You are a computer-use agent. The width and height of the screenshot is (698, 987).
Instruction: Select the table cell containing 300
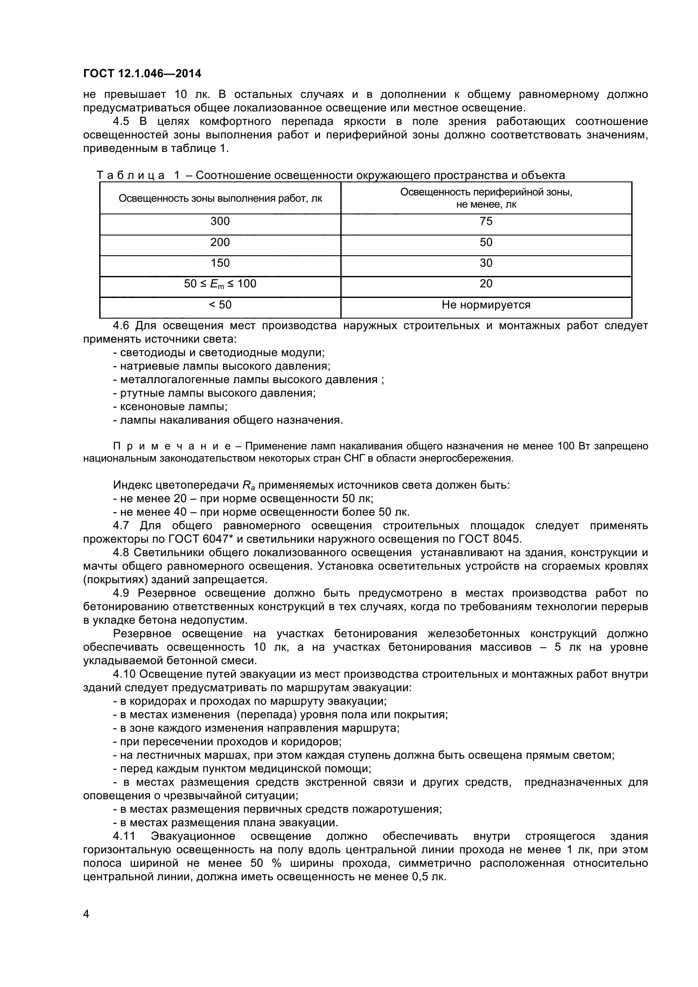(x=220, y=222)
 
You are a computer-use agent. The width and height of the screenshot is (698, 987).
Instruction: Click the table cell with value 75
(x=486, y=222)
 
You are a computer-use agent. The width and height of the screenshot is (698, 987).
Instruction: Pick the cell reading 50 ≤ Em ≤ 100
(x=220, y=284)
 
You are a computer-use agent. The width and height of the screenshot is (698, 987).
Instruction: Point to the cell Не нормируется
(x=486, y=305)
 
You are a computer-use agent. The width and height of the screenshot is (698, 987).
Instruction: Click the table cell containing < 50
(x=220, y=305)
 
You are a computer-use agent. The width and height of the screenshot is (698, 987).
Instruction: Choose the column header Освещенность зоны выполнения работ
(x=220, y=199)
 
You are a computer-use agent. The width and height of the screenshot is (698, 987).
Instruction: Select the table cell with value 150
(x=220, y=263)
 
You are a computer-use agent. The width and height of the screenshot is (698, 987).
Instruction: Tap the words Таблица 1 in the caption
(x=138, y=176)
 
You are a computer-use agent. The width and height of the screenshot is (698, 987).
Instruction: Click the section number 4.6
(x=121, y=326)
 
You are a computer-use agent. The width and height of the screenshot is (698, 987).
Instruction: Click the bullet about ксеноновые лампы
(x=170, y=406)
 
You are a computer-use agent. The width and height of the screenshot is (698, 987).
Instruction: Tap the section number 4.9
(x=121, y=593)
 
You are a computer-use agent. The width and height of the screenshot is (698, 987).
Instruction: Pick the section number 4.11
(x=124, y=836)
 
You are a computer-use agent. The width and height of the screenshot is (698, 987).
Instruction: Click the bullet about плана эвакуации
(x=226, y=823)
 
